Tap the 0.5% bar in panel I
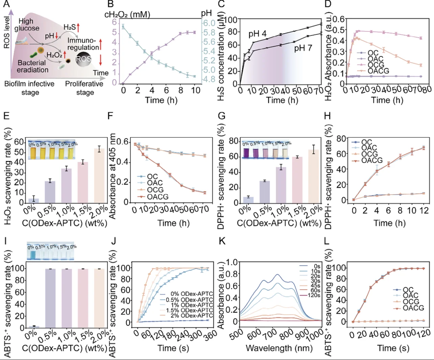50,297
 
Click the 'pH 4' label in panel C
257,34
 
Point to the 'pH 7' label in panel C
303,48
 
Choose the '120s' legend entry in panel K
314,295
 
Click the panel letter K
222,241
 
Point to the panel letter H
327,116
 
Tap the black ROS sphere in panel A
83,59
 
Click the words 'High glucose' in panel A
27,25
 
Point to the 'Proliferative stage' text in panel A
84,88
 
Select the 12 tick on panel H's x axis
424,211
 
